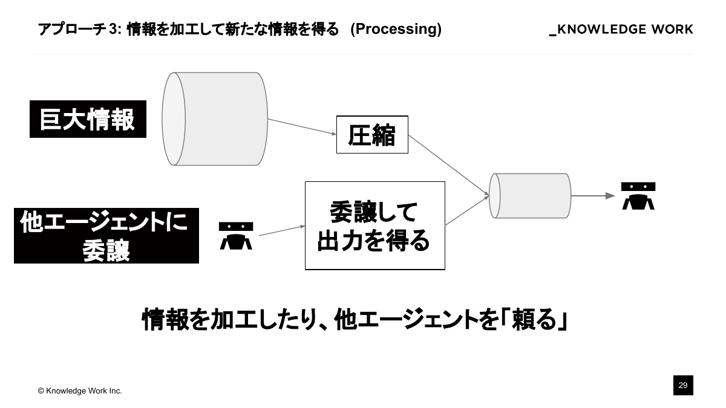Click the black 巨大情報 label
click(88, 119)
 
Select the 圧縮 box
click(372, 134)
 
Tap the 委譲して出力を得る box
click(374, 225)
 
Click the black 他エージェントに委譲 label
click(106, 236)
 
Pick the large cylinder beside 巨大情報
click(215, 119)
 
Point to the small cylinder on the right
click(530, 196)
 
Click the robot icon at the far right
click(638, 196)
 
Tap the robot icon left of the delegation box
click(235, 236)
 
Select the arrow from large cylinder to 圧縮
click(302, 127)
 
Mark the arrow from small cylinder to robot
click(593, 196)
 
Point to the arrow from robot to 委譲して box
click(281, 230)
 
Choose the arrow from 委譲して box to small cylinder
click(467, 210)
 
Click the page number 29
click(683, 385)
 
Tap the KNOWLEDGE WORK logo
click(621, 30)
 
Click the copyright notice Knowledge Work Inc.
click(80, 391)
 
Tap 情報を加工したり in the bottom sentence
click(227, 320)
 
